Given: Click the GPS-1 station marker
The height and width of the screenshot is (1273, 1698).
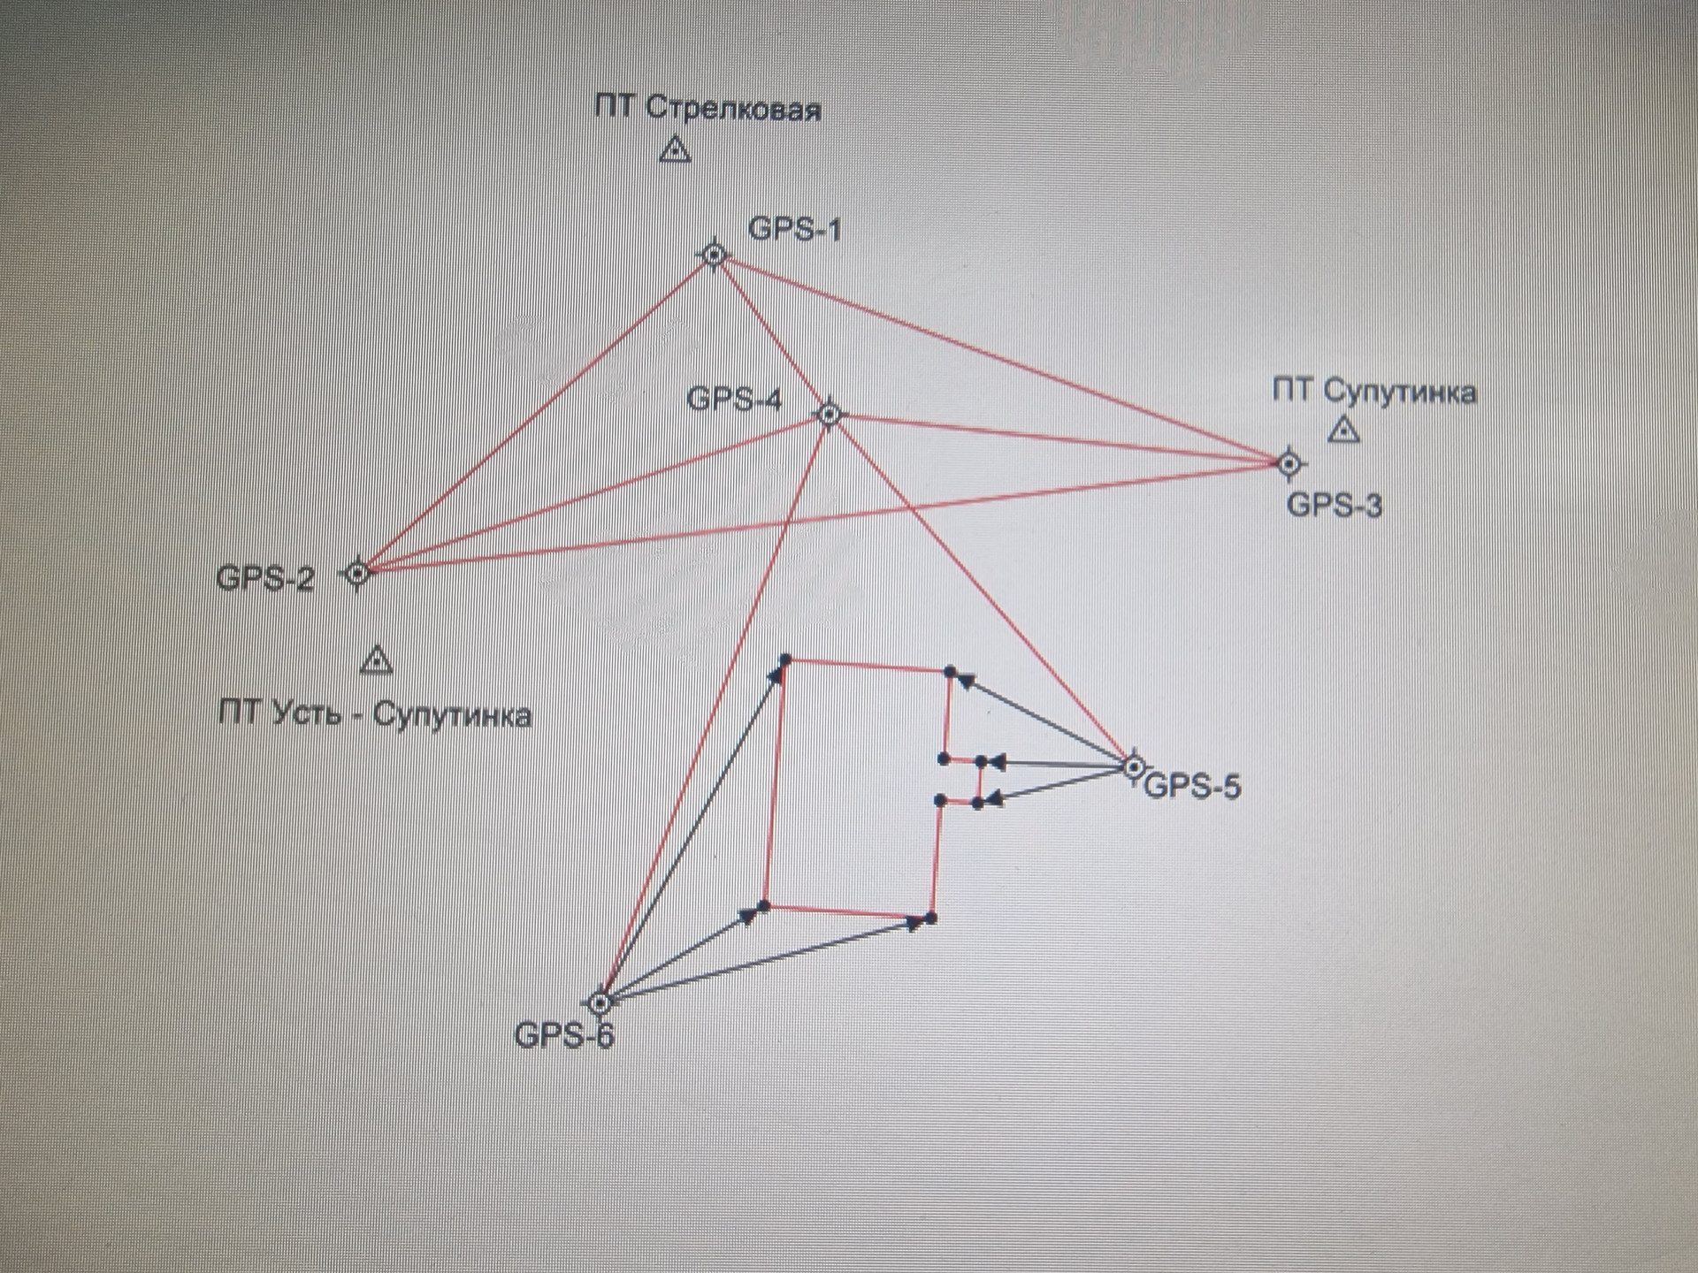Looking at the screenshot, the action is point(715,255).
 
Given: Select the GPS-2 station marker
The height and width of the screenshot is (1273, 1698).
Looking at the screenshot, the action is point(357,574).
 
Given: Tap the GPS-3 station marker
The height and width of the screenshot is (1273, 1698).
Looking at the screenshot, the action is point(1289,462).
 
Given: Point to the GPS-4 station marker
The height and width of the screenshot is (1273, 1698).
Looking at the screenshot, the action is point(829,414).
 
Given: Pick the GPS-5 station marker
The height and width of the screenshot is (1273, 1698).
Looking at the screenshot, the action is point(1133,766).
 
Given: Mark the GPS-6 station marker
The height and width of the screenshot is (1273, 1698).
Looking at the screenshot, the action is point(600,1003).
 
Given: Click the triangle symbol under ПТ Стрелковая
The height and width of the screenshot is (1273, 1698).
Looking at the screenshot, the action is point(676,149).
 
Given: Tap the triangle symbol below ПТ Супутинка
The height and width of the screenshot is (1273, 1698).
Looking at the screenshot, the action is point(1344,431).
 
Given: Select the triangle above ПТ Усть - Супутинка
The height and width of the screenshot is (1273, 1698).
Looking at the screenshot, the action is point(377,659).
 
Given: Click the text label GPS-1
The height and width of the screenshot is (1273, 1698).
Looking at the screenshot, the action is point(794,229).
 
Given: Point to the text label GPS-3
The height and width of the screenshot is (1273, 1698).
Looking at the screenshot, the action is point(1334,506).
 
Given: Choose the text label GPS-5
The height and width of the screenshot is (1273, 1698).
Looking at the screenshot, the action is point(1193,786).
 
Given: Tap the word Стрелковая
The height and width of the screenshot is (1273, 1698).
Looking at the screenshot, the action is point(733,110).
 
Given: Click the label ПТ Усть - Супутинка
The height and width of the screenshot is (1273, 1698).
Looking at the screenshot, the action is point(375,713).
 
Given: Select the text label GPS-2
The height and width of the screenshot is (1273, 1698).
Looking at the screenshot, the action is point(265,578).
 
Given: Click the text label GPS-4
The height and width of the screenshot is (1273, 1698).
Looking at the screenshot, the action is point(734,400).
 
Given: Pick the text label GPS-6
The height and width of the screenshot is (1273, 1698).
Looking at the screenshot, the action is point(563,1035).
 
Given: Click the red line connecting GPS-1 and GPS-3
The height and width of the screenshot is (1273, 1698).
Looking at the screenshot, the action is point(999,358).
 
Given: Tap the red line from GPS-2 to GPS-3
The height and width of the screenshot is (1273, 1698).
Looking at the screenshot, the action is point(822,518).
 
